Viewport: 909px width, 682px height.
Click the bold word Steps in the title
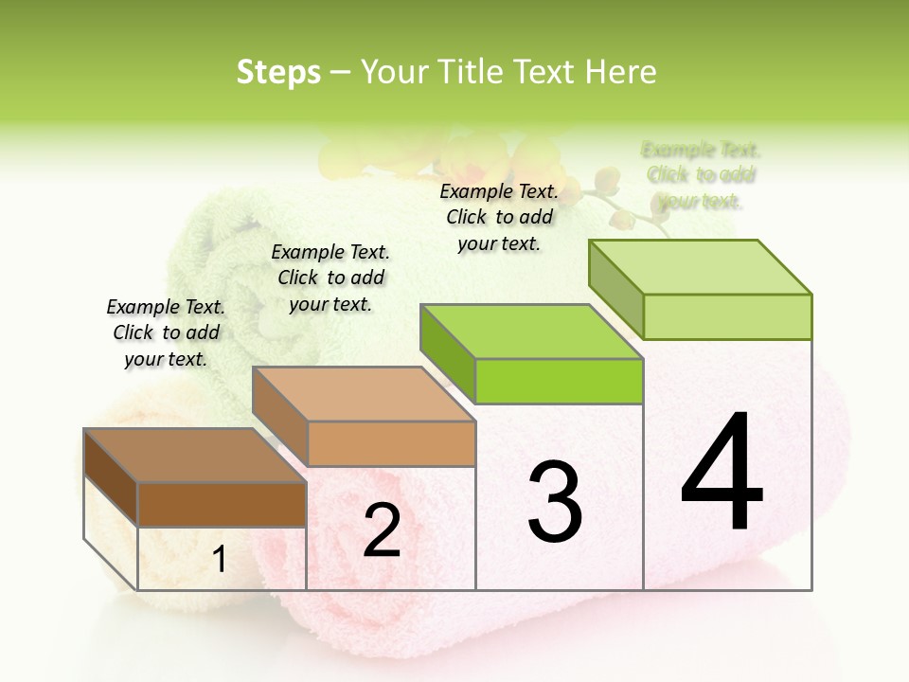pos(278,72)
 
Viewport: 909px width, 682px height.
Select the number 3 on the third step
pos(555,502)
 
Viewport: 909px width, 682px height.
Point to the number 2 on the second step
pos(382,530)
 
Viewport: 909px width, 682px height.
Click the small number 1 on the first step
pos(219,560)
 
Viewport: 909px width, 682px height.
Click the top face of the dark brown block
pos(194,456)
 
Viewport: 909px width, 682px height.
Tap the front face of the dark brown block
pos(222,505)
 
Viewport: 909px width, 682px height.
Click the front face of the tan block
pos(391,443)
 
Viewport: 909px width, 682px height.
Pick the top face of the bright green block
pos(530,332)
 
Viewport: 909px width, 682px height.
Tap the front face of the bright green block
pos(559,381)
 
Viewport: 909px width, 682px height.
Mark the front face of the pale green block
pos(727,316)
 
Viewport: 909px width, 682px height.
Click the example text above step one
pos(166,332)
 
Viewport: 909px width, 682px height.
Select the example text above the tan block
pos(330,278)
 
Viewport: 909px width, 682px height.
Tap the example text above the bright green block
pos(499,217)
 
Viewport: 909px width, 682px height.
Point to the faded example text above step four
pos(701,175)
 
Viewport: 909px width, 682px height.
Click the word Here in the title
pos(621,72)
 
